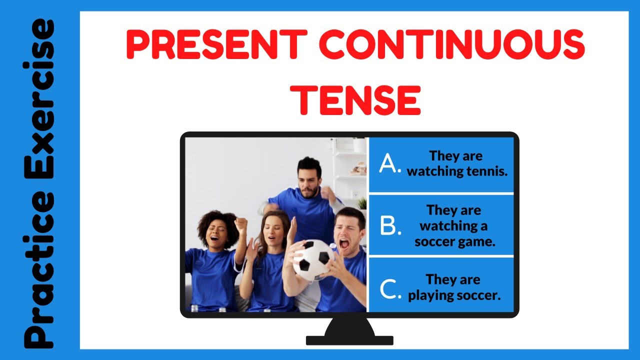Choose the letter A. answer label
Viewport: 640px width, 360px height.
point(390,164)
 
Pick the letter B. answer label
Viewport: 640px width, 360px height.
point(390,226)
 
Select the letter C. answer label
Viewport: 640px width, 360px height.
point(390,289)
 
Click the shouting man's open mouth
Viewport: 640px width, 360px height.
point(344,244)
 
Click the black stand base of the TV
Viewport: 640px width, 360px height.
point(349,340)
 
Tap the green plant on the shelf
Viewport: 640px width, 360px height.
point(361,202)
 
